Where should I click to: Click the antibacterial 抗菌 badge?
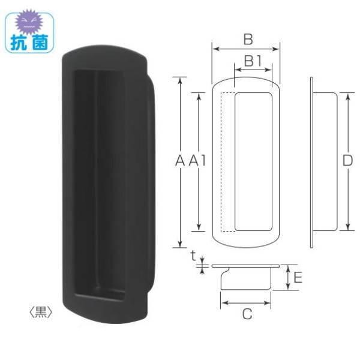pos(29,32)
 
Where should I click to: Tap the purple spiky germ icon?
pos(30,22)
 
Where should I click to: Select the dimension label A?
pos(179,161)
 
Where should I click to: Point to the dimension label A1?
pos(197,161)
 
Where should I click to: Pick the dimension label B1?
pos(253,61)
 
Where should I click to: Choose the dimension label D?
pos(347,161)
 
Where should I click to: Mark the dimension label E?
pos(298,277)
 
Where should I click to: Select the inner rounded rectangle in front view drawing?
pos(253,161)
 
